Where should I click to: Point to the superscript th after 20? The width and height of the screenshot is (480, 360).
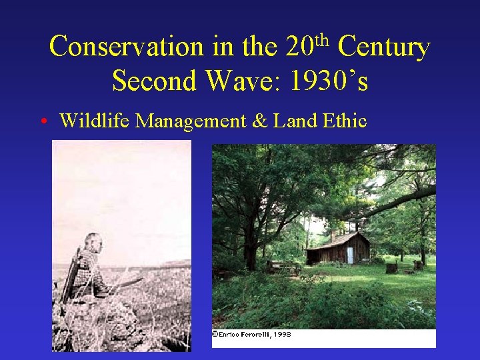[323, 40]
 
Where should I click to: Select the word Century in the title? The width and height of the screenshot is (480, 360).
[383, 47]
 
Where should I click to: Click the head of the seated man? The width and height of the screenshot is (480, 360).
[93, 243]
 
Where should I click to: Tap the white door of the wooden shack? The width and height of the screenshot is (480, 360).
[349, 255]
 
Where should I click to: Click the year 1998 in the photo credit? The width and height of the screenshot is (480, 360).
[283, 334]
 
